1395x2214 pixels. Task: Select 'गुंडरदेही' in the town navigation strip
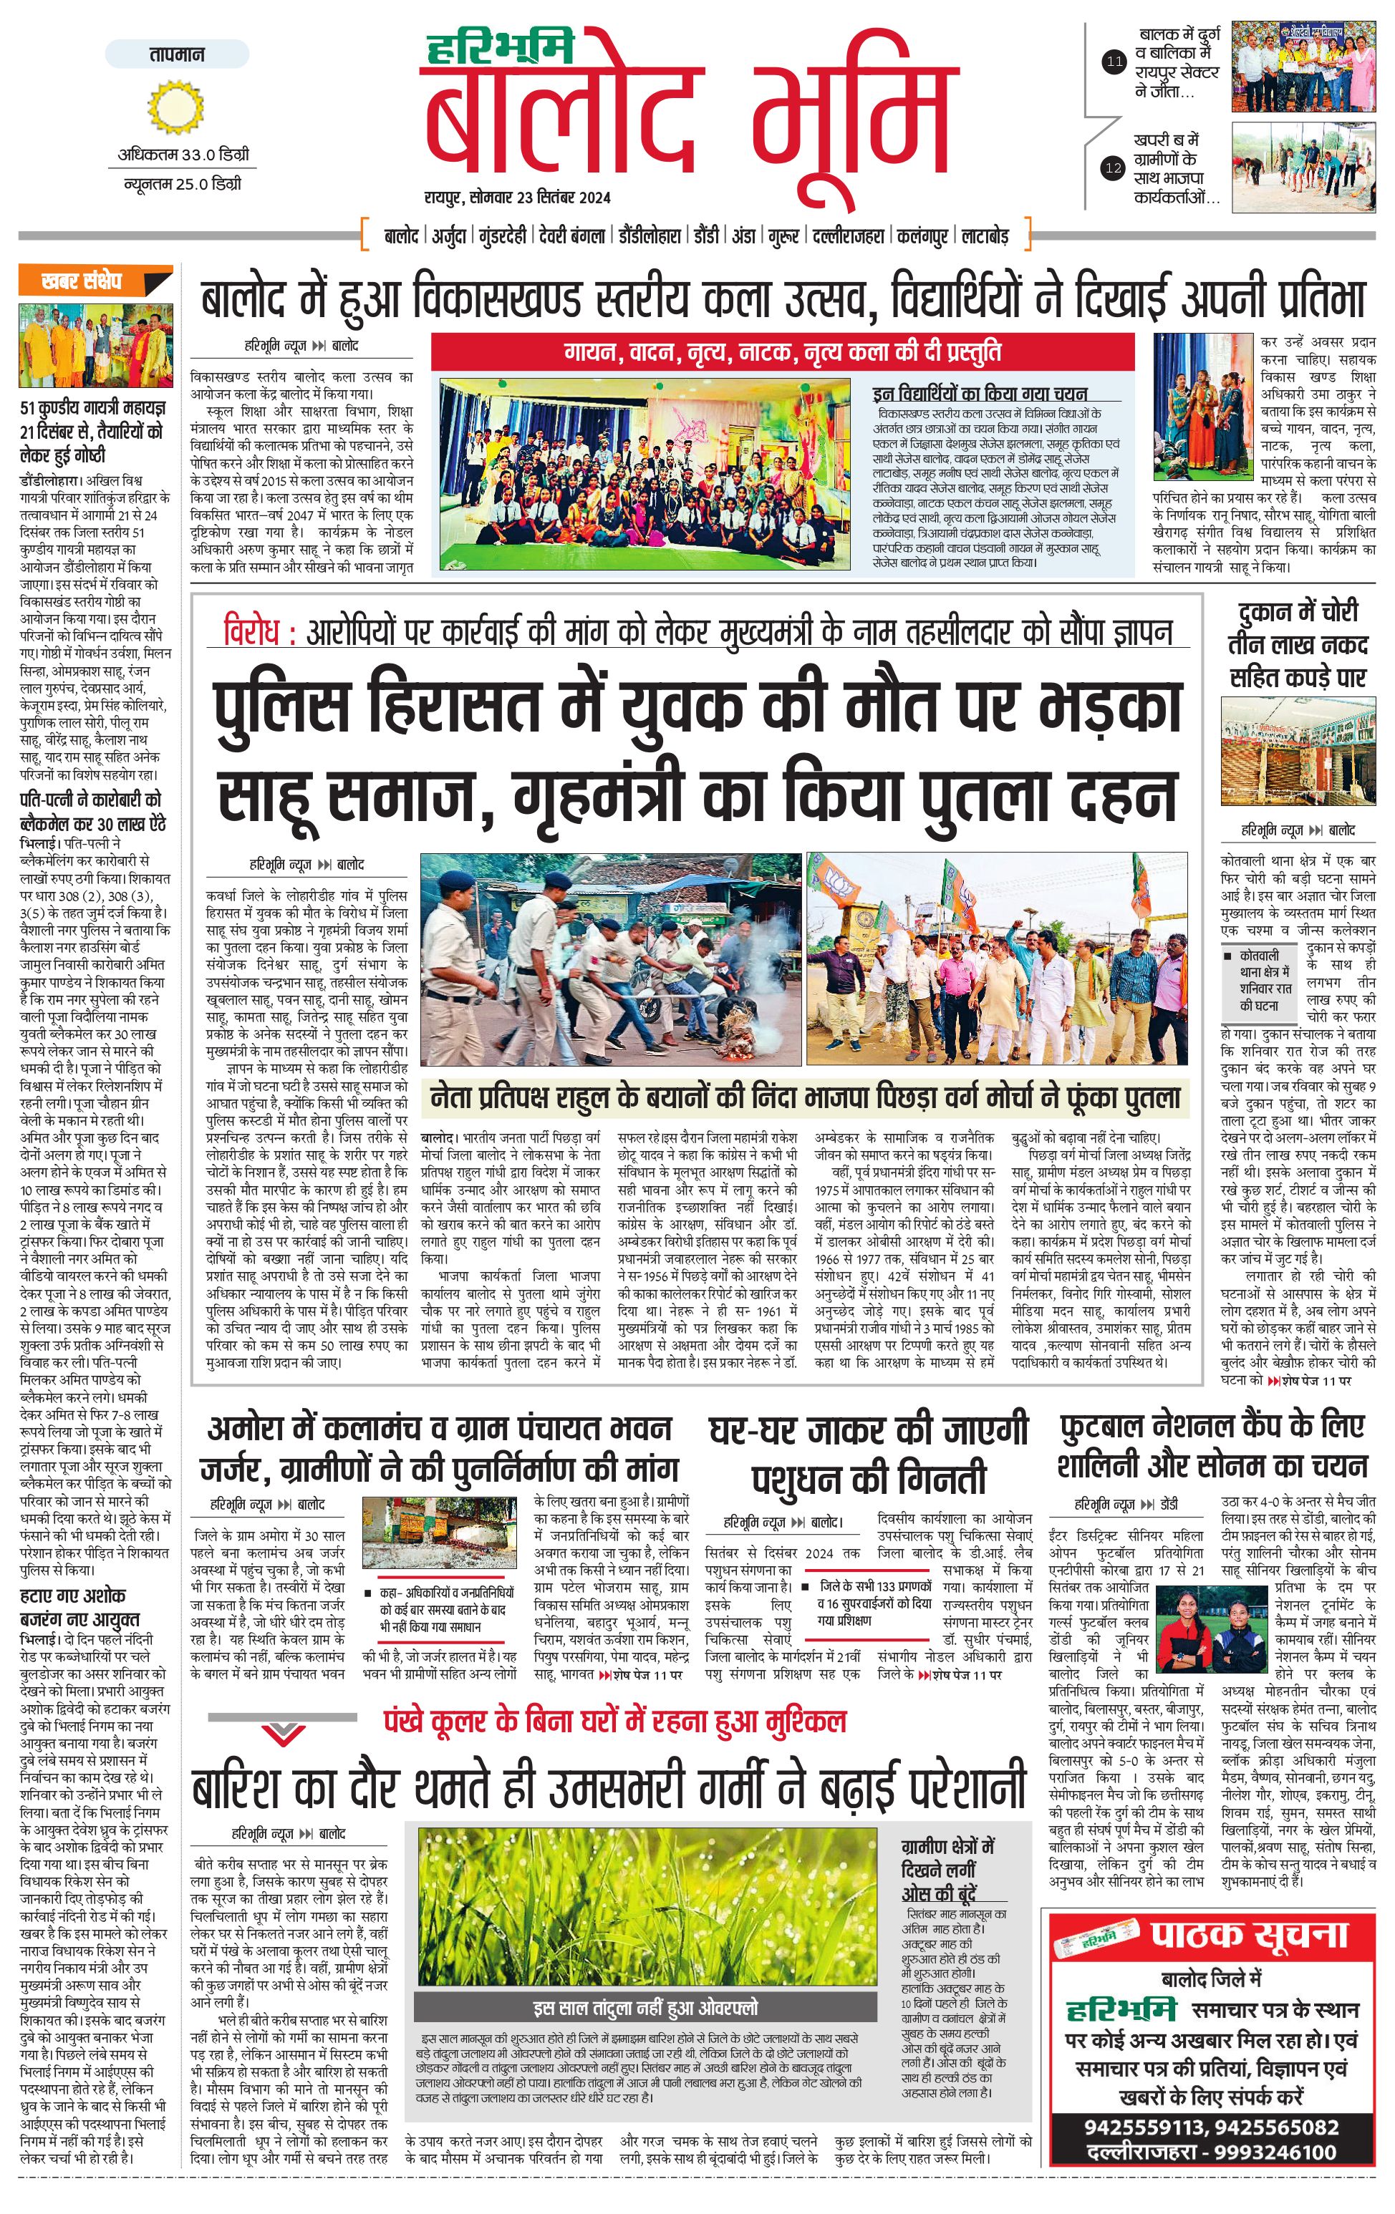502,236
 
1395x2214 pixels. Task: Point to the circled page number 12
1114,168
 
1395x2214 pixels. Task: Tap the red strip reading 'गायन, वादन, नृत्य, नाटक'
781,351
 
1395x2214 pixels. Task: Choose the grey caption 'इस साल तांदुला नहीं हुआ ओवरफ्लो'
647,2007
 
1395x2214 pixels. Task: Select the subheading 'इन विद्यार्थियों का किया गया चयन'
980,394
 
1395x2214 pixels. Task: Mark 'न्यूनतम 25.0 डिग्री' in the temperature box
183,184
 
